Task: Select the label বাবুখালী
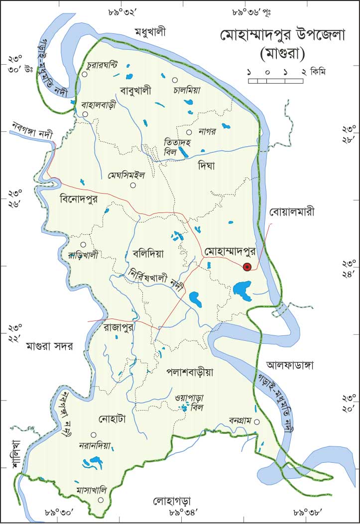[x=135, y=90]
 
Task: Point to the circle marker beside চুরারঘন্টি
[x=85, y=74]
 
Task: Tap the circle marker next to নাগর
[x=189, y=132]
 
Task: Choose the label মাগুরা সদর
[x=50, y=346]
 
